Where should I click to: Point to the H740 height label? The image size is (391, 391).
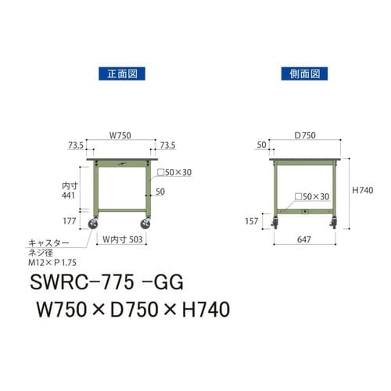pos(363,190)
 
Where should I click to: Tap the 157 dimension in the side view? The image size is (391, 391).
pos(253,221)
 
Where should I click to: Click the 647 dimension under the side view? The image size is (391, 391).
pos(305,242)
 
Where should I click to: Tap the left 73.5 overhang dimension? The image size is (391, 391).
pos(76,145)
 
